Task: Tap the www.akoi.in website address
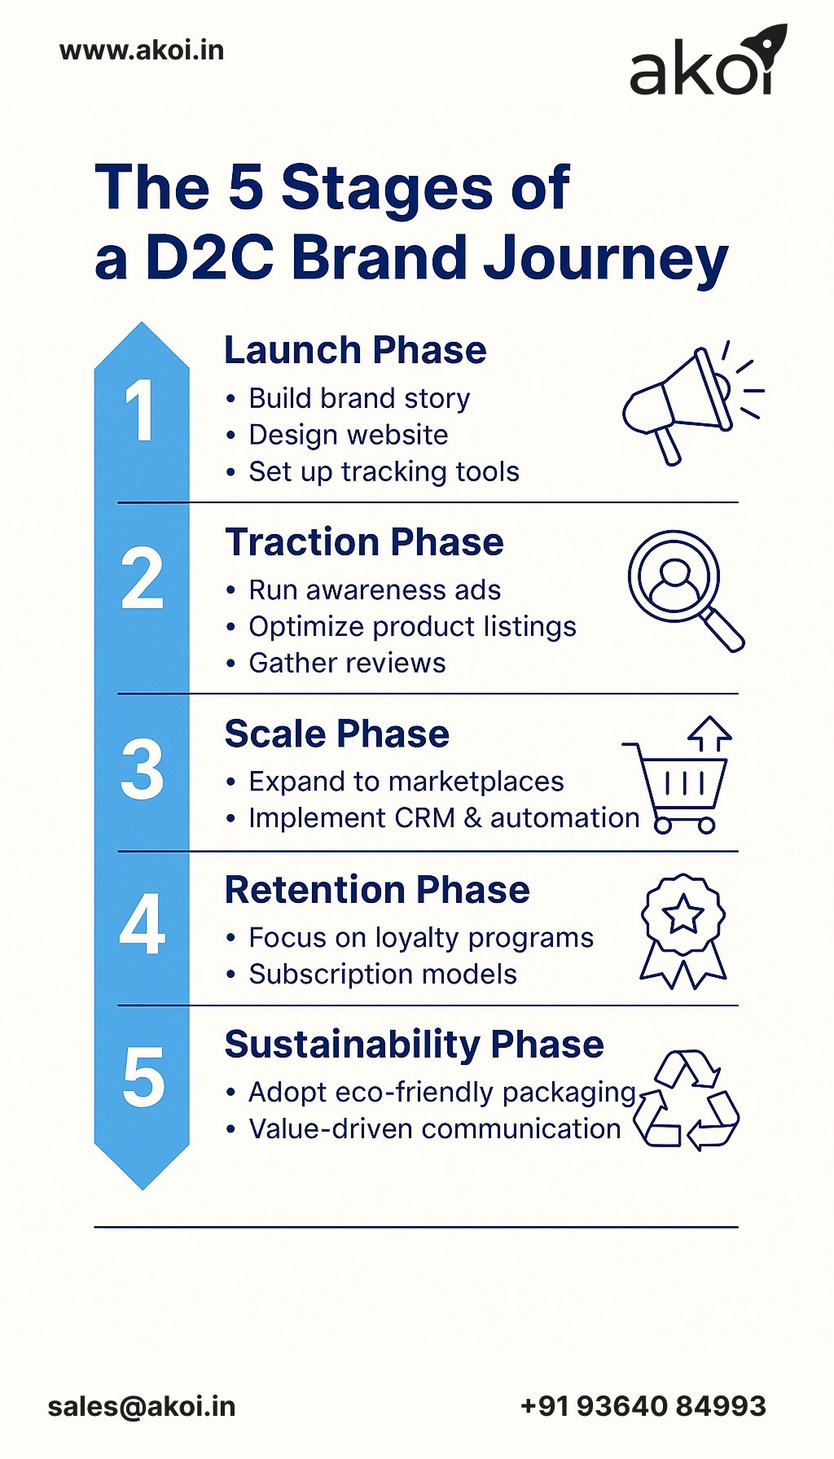click(142, 50)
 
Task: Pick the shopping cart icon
click(680, 778)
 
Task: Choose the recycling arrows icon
click(687, 1099)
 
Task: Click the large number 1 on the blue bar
click(140, 411)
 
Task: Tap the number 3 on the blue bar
click(142, 769)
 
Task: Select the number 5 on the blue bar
click(143, 1078)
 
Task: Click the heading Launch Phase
click(355, 351)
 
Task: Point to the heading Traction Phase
click(364, 542)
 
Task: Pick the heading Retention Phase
click(377, 890)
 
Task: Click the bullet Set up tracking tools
click(384, 472)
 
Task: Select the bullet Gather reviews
click(347, 664)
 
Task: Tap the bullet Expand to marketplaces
click(406, 782)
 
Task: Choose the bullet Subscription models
click(383, 975)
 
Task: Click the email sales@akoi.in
click(142, 1407)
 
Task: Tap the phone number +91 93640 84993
click(643, 1406)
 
